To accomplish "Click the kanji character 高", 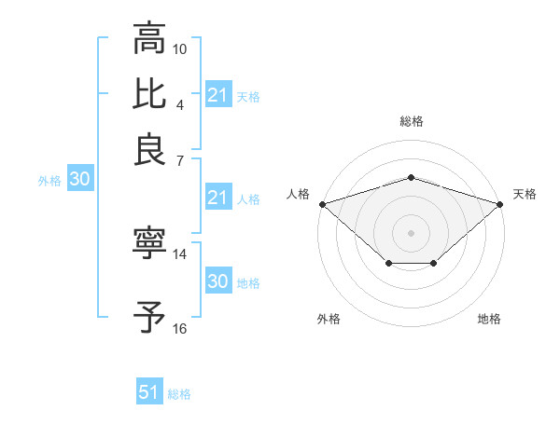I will tap(149, 39).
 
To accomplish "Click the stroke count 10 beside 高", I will tap(180, 48).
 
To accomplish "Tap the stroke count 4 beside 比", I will tap(179, 103).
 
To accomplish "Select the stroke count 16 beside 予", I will tap(180, 328).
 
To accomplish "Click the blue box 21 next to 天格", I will tap(217, 95).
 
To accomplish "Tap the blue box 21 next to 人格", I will tap(217, 198).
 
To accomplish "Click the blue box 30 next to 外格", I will tap(79, 181).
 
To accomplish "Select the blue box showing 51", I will tap(148, 392).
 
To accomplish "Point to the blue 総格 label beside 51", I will tap(179, 394).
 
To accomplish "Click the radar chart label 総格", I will tap(411, 121).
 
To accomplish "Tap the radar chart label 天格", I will tap(525, 194).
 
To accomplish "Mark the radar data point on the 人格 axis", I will tap(322, 203).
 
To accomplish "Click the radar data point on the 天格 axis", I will tap(500, 203).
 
